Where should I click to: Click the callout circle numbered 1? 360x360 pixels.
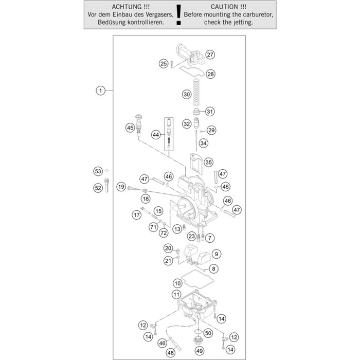[100, 91]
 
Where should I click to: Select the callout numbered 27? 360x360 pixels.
[209, 55]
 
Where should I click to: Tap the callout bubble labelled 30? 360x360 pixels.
[187, 94]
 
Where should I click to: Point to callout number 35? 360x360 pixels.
[208, 161]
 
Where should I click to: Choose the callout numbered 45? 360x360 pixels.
[130, 127]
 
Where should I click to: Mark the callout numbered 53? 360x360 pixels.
[97, 171]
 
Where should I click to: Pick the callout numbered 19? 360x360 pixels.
[121, 187]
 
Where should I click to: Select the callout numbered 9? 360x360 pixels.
[216, 254]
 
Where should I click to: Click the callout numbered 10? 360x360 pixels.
[177, 283]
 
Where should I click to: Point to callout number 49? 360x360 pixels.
[200, 351]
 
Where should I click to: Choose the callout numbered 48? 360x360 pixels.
[170, 353]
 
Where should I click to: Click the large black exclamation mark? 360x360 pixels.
[178, 15]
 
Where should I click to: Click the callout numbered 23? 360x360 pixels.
[192, 236]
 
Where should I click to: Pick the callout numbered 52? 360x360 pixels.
[98, 188]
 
